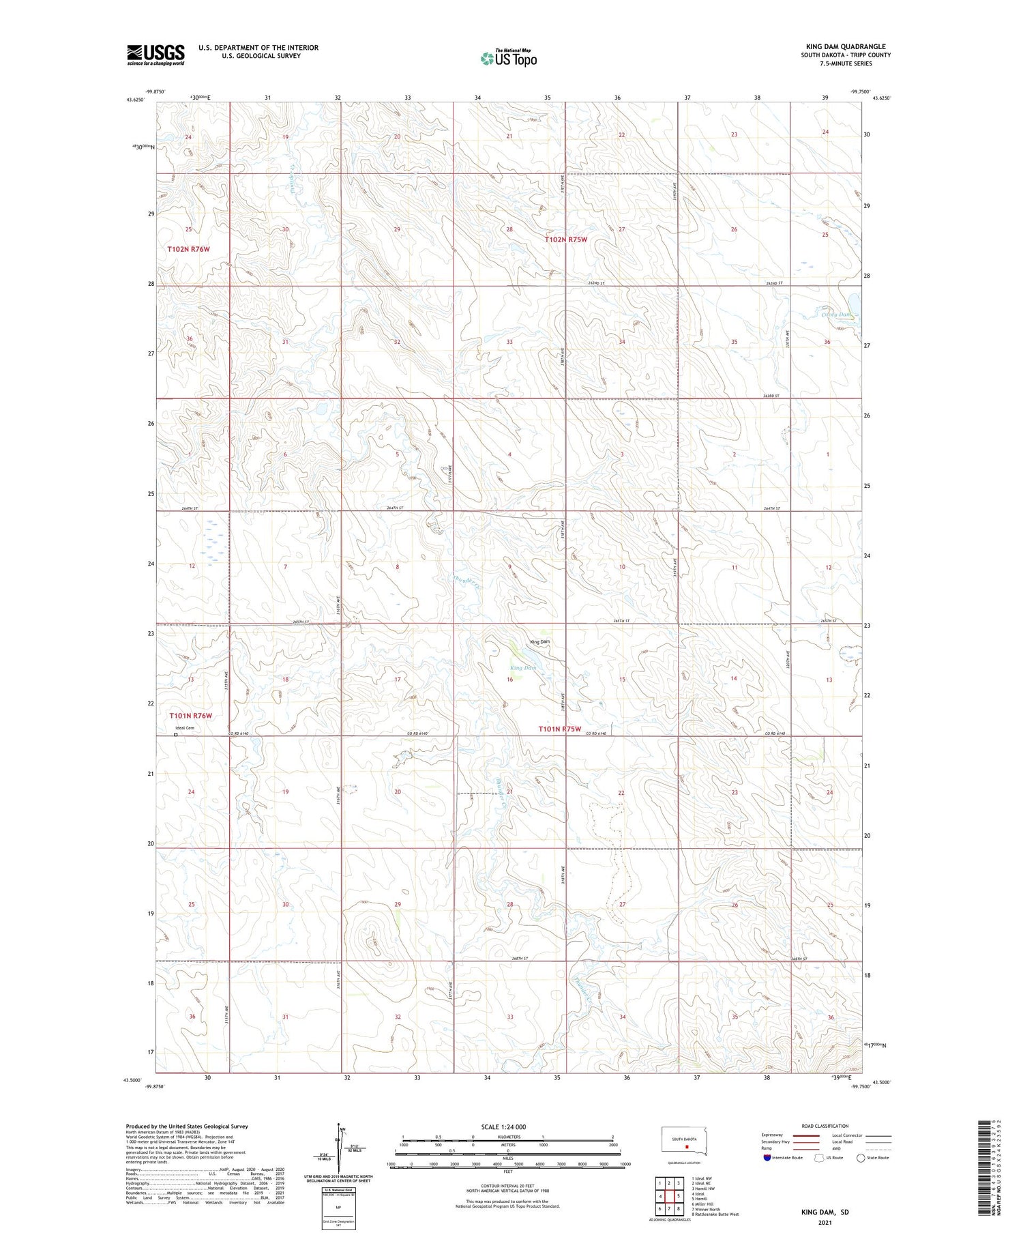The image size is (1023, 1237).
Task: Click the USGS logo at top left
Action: [x=155, y=55]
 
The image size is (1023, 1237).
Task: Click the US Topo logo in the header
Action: [x=509, y=59]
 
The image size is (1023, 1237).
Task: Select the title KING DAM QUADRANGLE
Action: [x=846, y=46]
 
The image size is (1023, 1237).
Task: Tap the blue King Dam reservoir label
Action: [x=522, y=668]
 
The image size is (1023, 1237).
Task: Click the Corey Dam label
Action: [x=836, y=315]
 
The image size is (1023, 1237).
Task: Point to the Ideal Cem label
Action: [x=185, y=728]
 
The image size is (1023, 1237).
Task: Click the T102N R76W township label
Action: [x=188, y=250]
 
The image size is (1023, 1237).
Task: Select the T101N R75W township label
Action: [x=561, y=729]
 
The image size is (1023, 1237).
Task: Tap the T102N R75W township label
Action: [x=565, y=239]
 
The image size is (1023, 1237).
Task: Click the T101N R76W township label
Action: [x=190, y=716]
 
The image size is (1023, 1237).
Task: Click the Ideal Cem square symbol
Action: [x=175, y=735]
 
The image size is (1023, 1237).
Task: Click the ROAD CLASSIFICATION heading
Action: [x=825, y=1126]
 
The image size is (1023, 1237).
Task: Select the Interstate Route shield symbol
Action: [x=767, y=1157]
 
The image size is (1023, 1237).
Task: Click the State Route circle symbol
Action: [x=861, y=1157]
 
